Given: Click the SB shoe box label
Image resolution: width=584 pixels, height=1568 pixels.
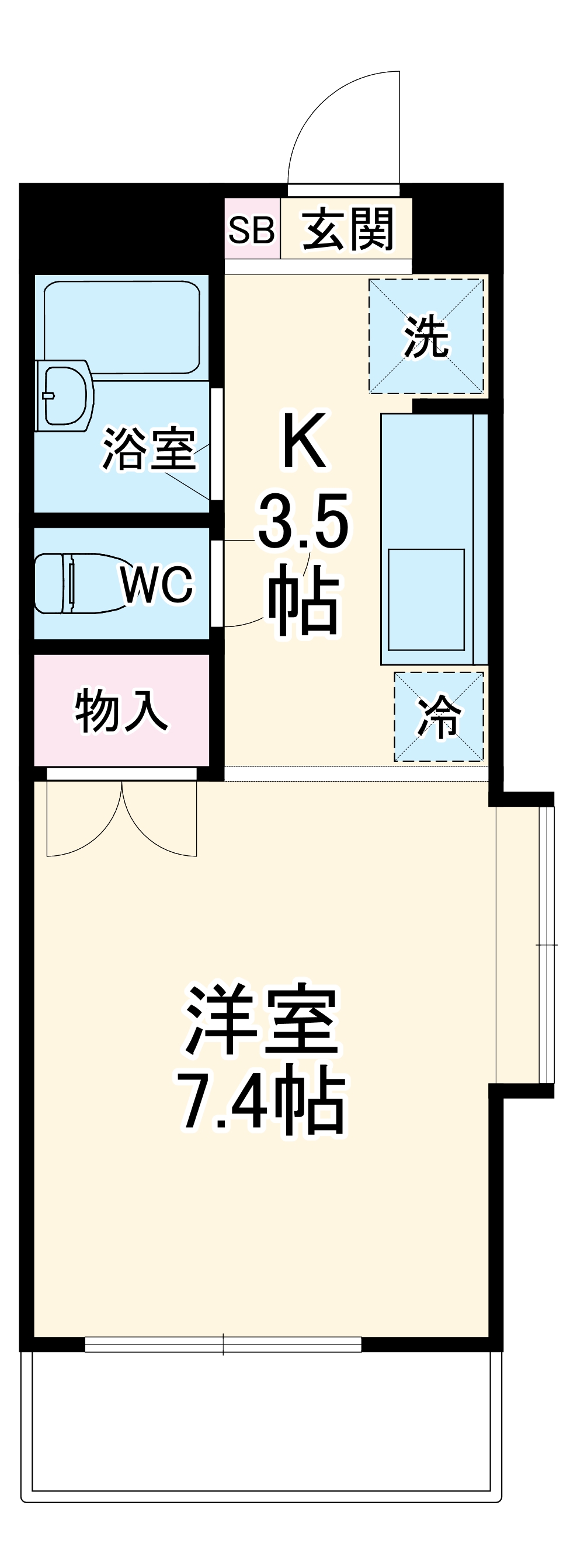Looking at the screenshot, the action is point(251,230).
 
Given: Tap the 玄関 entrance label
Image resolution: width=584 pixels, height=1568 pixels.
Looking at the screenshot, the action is point(348,229).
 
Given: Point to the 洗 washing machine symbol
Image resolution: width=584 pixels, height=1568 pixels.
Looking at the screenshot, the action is point(426,336).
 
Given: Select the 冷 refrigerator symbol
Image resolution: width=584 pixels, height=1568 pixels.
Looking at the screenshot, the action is point(439,716).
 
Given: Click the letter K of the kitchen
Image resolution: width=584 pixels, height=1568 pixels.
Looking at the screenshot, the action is point(304,440).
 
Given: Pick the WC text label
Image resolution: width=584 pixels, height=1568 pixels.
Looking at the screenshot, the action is point(158,584).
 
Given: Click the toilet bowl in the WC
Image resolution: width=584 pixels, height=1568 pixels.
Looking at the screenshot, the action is point(82,583).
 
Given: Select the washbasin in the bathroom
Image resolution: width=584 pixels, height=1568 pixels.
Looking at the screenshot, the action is point(63,396).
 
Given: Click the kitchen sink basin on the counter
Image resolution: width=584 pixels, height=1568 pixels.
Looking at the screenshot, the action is point(426,600).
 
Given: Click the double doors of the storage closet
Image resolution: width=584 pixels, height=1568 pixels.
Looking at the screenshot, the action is point(122,817).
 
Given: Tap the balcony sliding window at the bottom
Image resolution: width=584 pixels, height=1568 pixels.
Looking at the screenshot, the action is point(223,1344).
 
